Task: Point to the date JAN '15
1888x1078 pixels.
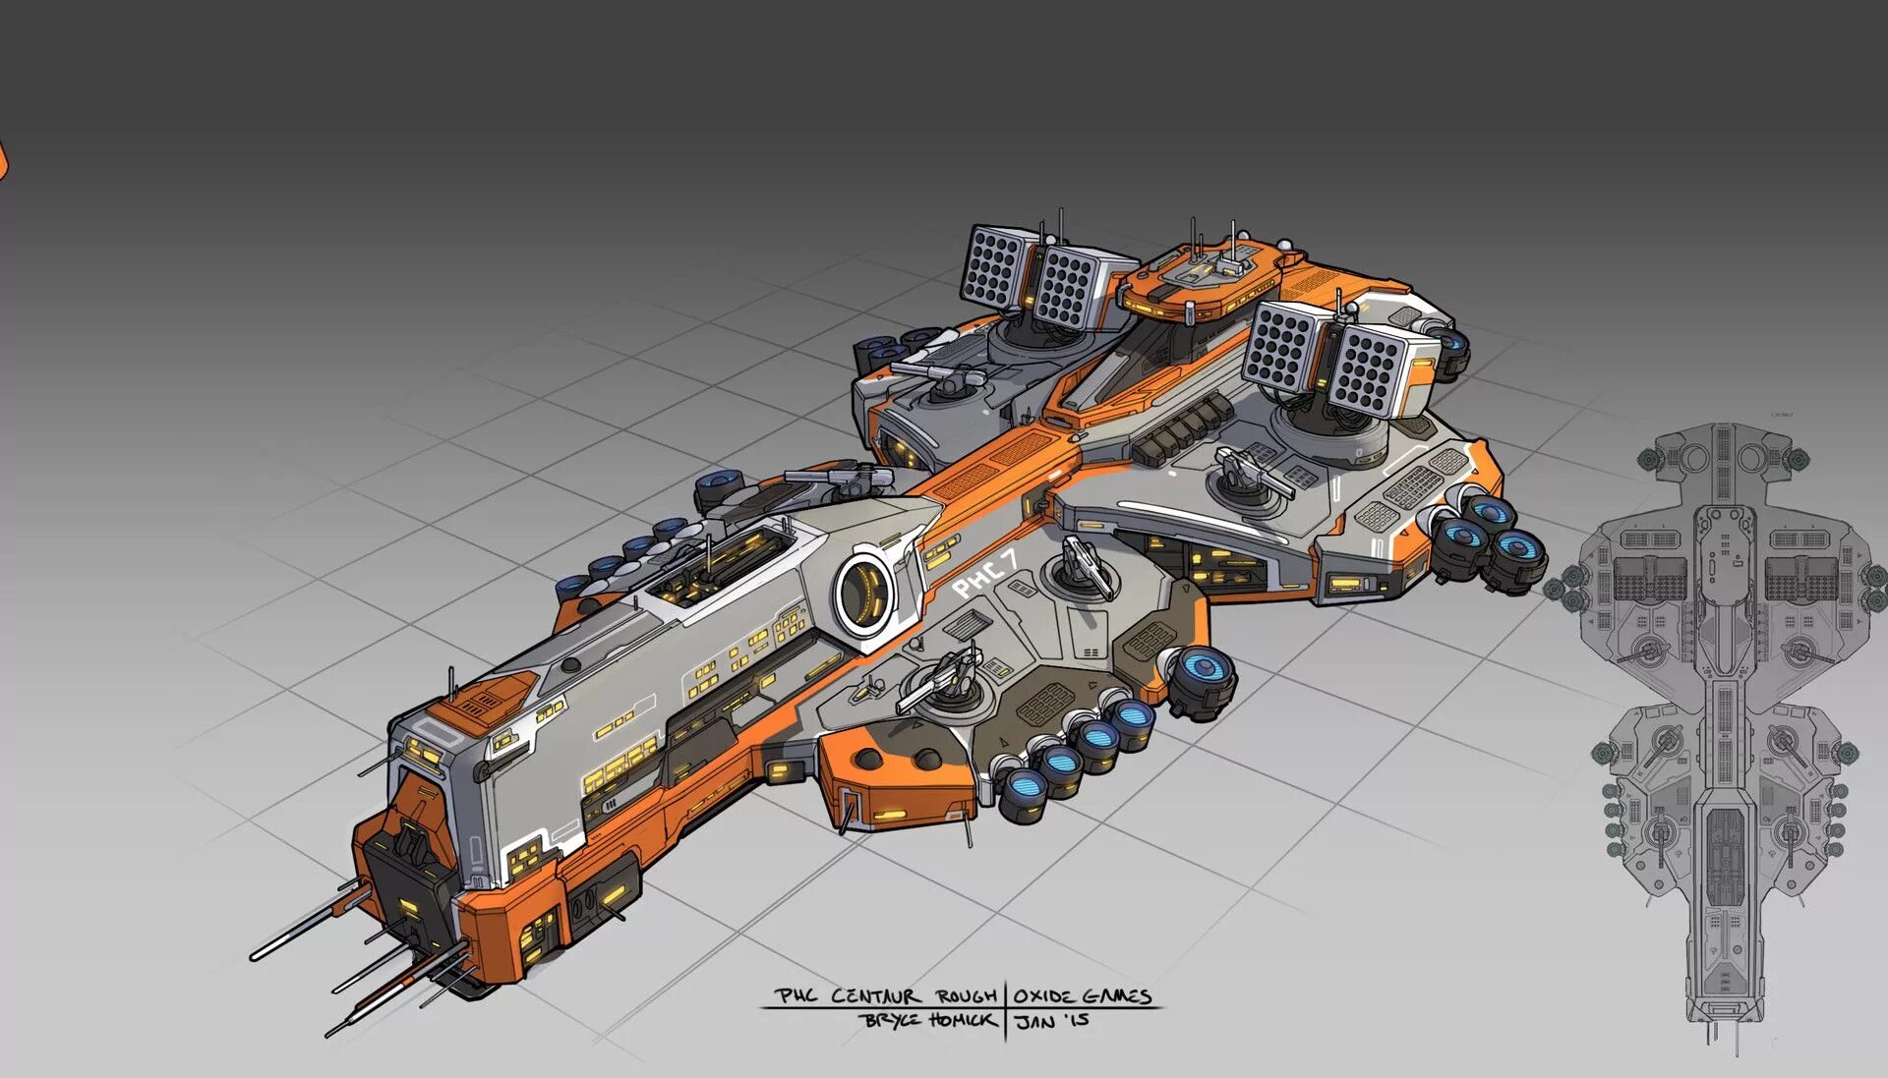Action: (x=1052, y=1021)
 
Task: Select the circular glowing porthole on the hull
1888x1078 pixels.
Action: (x=867, y=592)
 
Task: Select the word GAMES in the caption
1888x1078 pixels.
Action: (x=1114, y=995)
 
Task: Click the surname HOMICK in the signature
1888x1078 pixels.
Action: (x=962, y=1020)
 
